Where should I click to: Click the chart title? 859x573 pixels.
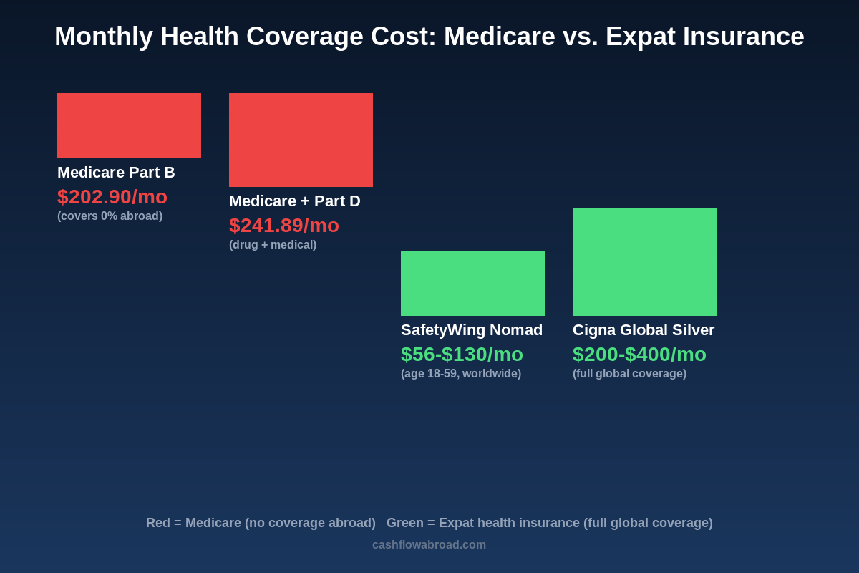pos(429,37)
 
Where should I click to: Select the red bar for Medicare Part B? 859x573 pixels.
pos(129,125)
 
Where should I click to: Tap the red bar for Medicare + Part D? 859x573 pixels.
pos(301,140)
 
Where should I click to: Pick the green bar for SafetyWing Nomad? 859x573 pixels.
pos(472,283)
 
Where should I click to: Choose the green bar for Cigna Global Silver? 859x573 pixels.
pos(644,261)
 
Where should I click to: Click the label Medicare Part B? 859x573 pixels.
pos(116,173)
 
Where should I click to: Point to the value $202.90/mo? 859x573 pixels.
pos(112,196)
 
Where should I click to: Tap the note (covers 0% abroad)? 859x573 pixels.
pos(110,216)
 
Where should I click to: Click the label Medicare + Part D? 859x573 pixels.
pos(295,201)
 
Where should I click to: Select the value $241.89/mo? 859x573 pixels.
pos(284,225)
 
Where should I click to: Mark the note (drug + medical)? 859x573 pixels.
pos(273,245)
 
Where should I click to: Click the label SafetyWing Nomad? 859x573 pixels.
pos(472,330)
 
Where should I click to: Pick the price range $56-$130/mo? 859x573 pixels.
pos(462,354)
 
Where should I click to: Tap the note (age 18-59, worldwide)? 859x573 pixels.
pos(461,374)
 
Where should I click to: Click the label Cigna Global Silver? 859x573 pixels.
pos(644,330)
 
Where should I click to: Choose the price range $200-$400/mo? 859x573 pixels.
pos(639,354)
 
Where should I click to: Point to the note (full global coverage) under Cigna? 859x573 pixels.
pos(629,374)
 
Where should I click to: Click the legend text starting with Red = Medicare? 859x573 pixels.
pos(261,523)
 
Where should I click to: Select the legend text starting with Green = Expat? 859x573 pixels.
pos(550,523)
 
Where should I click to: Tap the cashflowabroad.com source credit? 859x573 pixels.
pos(429,545)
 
